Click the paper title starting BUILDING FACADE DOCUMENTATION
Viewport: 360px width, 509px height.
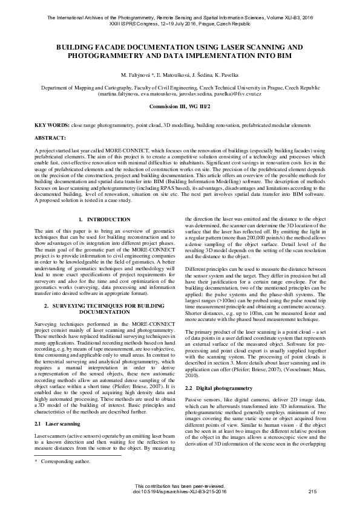tap(180, 50)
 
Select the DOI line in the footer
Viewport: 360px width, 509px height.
tap(180, 492)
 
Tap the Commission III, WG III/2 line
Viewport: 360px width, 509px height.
tap(180, 106)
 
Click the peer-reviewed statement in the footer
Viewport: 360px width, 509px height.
tap(180, 487)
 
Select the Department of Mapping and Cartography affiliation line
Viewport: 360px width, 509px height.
tap(180, 88)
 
